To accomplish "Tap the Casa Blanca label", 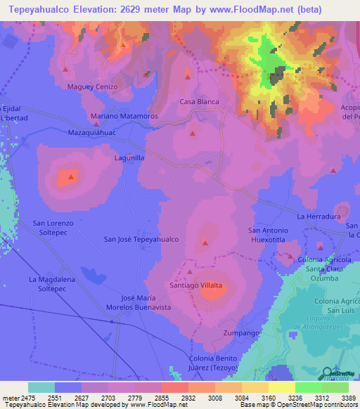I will (199, 102).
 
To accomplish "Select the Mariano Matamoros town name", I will (124, 115).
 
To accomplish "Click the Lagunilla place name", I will (129, 159).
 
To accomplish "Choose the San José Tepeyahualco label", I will (141, 239).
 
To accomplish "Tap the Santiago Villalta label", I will (196, 285).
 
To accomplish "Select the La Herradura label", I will (319, 216).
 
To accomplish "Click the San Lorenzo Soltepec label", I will (53, 227).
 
